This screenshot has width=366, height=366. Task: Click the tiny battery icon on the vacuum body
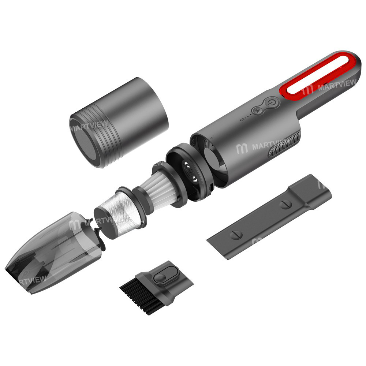pyautogui.click(x=241, y=119)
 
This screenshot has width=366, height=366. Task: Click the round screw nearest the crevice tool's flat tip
pyautogui.click(x=236, y=235)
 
